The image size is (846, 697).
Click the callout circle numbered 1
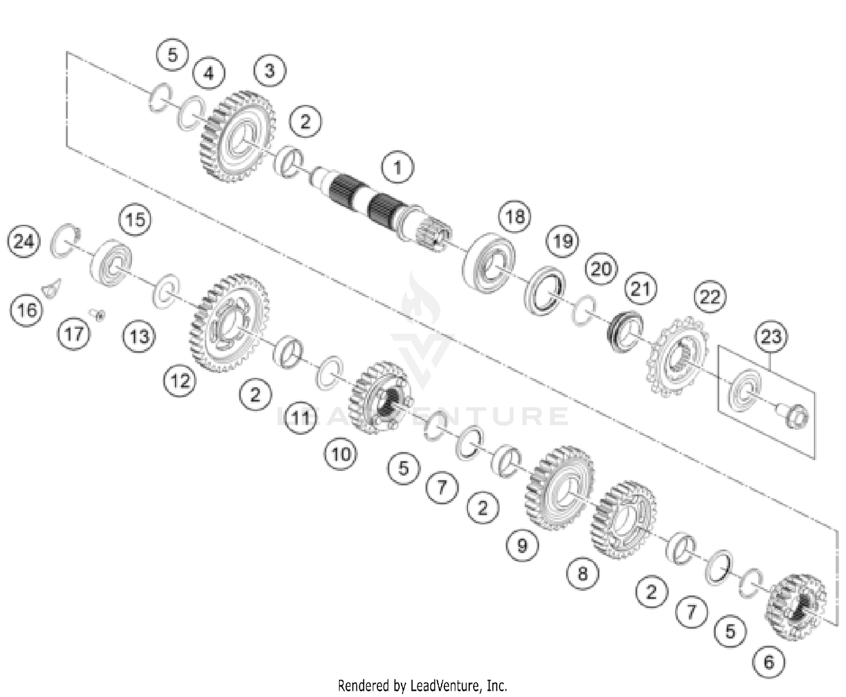tap(397, 167)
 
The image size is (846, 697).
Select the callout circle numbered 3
tap(270, 70)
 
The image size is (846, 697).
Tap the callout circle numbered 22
tap(710, 296)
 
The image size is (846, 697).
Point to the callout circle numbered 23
tap(771, 337)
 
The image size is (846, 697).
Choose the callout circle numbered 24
tap(24, 242)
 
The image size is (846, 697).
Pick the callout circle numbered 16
tap(27, 310)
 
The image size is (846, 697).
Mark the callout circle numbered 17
tap(74, 334)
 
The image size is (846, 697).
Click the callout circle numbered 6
tap(769, 661)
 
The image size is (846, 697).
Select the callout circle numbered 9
tap(522, 545)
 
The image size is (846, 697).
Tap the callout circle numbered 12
tap(180, 381)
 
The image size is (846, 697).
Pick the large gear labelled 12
tap(228, 323)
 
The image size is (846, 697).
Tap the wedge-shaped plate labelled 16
tap(52, 289)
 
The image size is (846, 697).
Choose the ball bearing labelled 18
tap(489, 263)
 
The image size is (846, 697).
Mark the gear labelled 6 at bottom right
tap(796, 607)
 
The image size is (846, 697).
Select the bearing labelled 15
tap(111, 263)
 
